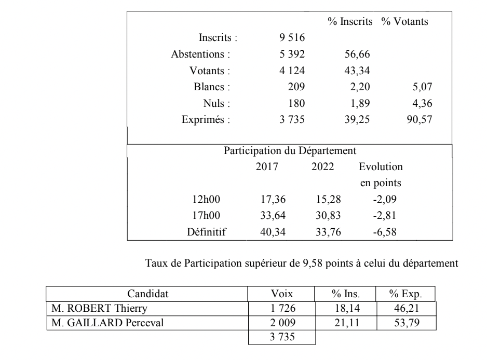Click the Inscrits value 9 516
pyautogui.click(x=292, y=38)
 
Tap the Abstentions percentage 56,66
pyautogui.click(x=357, y=54)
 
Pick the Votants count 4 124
pyautogui.click(x=292, y=71)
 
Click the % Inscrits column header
pyautogui.click(x=349, y=22)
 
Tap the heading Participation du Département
pyautogui.click(x=290, y=151)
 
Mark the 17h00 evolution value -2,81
pyautogui.click(x=385, y=215)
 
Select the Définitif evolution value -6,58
pyautogui.click(x=385, y=232)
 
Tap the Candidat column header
pyautogui.click(x=148, y=294)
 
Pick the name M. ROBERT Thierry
pyautogui.click(x=86, y=309)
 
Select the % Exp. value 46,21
pyautogui.click(x=405, y=309)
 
